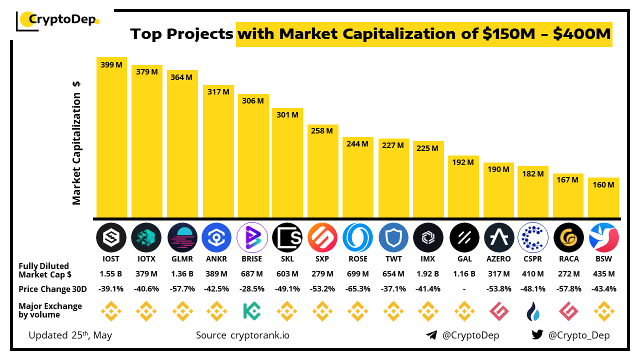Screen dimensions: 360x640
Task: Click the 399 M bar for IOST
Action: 111,137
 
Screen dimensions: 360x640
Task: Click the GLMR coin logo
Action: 182,237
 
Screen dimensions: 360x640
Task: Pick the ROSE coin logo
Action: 358,237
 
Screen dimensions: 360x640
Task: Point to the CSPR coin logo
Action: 533,237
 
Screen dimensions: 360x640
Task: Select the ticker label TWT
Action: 393,259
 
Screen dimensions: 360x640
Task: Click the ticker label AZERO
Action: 498,259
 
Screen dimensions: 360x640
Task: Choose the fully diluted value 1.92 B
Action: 428,274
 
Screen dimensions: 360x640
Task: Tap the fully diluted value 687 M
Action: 252,274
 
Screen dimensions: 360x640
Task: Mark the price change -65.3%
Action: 358,289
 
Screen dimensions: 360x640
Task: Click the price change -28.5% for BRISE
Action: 252,289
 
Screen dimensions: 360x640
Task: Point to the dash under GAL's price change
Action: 463,289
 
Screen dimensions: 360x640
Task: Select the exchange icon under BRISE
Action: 252,311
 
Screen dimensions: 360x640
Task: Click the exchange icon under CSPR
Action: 533,311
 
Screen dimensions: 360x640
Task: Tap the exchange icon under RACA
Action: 568,311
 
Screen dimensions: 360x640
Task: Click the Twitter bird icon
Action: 537,335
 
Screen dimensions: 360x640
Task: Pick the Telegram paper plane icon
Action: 431,335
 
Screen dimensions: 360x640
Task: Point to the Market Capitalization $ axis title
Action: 76,142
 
